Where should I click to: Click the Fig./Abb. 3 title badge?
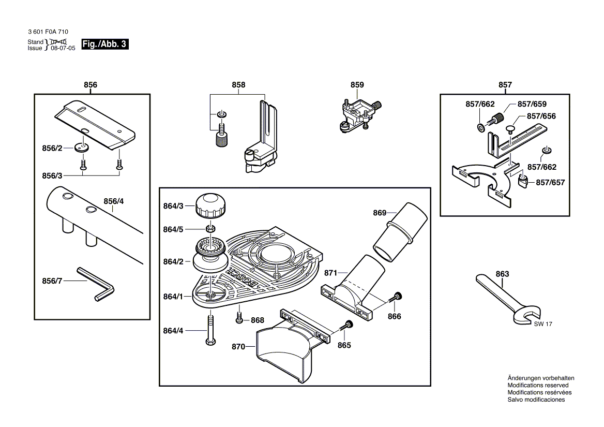point(105,44)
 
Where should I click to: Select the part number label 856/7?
point(52,281)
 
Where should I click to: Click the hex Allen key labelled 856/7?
point(96,284)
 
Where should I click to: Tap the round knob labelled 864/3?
point(210,206)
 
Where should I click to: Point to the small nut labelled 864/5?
point(210,229)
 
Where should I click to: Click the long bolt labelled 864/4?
point(210,330)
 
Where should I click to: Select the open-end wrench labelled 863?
point(508,299)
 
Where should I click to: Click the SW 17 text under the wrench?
point(543,324)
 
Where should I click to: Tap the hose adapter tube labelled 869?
point(400,232)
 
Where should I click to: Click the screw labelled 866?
point(396,298)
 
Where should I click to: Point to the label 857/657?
point(550,182)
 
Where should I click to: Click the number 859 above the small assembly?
point(357,85)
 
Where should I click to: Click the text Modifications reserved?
point(538,386)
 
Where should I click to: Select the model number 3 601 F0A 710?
point(48,32)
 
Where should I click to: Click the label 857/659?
point(532,104)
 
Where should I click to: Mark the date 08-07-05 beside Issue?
point(63,48)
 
